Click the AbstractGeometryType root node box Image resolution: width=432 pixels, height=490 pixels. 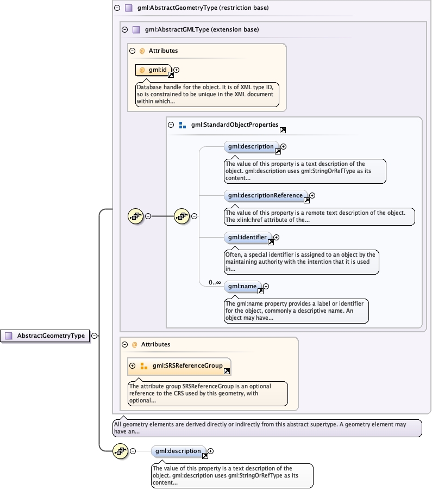click(x=46, y=336)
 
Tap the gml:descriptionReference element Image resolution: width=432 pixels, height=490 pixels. click(x=265, y=195)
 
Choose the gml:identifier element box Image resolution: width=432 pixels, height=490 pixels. click(x=247, y=237)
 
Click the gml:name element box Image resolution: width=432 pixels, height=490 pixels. click(x=242, y=286)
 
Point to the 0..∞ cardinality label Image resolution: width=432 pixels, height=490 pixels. click(x=215, y=282)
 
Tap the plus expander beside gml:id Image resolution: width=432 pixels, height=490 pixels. click(x=176, y=70)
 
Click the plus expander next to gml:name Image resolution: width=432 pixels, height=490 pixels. click(x=266, y=286)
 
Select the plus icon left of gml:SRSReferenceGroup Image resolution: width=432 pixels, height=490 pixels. click(x=132, y=365)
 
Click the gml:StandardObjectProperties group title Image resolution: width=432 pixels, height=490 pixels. click(x=234, y=125)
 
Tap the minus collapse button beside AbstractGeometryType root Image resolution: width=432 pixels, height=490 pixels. click(x=94, y=336)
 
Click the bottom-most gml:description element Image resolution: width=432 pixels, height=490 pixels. click(x=178, y=451)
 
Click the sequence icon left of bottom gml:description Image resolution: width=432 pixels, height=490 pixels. click(x=120, y=451)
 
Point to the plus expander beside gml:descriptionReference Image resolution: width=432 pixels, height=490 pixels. click(x=312, y=195)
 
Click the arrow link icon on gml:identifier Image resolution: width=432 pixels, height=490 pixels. click(x=271, y=243)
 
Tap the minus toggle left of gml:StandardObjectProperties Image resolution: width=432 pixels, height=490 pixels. click(x=171, y=125)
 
